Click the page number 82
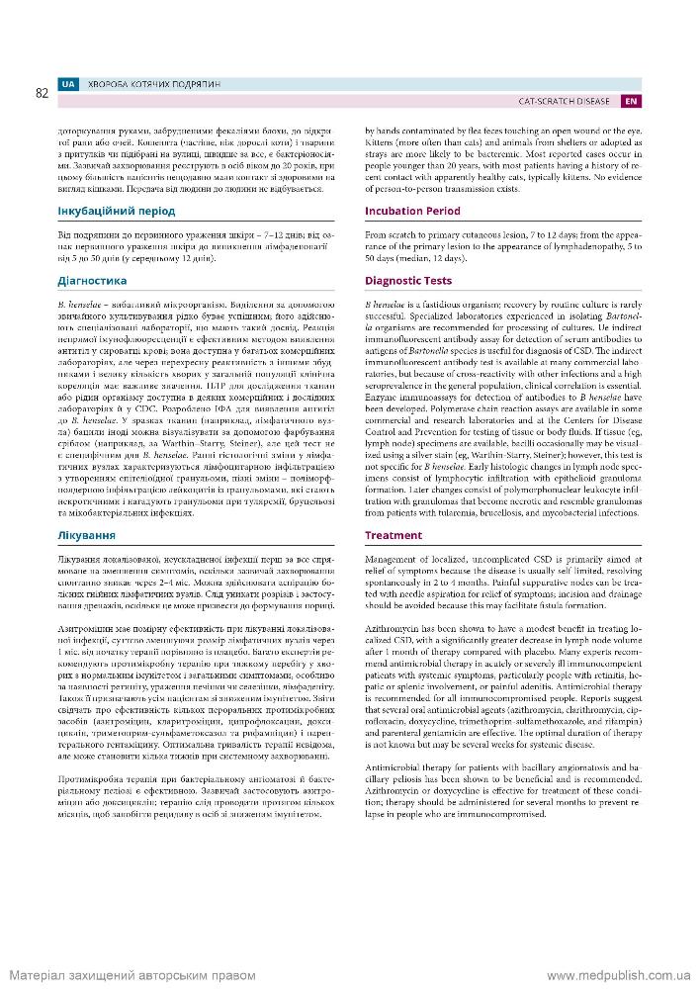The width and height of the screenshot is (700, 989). click(x=42, y=94)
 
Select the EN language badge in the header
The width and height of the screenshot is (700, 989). click(x=631, y=101)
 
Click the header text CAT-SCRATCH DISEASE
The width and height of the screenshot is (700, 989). click(x=565, y=101)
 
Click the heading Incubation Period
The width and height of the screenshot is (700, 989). click(x=412, y=211)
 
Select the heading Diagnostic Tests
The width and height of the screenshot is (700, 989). click(x=408, y=281)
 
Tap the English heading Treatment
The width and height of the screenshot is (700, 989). click(x=393, y=535)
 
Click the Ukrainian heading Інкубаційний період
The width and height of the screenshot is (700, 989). click(x=116, y=211)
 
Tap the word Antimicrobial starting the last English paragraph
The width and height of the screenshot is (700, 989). click(x=394, y=766)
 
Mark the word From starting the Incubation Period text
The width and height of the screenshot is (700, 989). click(x=376, y=233)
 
